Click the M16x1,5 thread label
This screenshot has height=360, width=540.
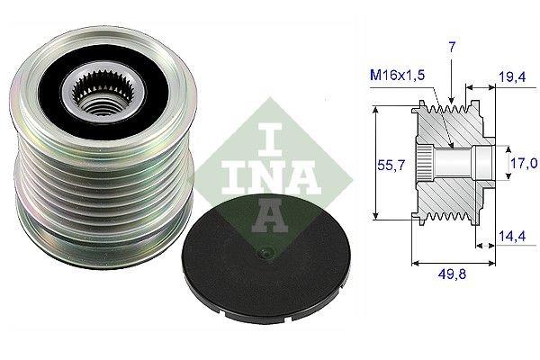[x=398, y=75]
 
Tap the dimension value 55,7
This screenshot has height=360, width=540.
[x=391, y=166]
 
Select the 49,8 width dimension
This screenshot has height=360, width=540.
[x=452, y=274]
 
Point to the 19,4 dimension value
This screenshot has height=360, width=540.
[x=513, y=76]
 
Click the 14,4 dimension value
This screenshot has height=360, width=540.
[x=512, y=237]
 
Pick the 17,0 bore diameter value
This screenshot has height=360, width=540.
[x=524, y=163]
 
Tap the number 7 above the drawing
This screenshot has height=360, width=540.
[x=452, y=47]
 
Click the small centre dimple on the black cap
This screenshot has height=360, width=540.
[x=265, y=253]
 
